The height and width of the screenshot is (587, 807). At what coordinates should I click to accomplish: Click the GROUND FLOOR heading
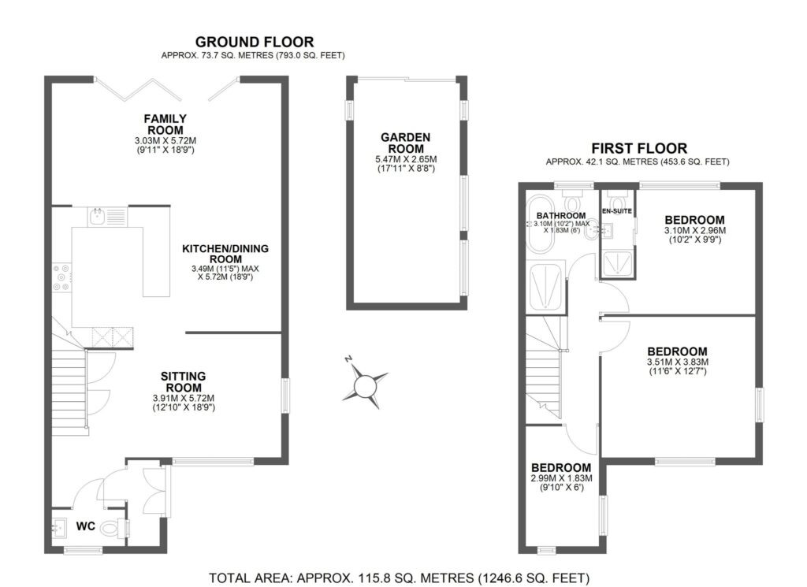(x=255, y=42)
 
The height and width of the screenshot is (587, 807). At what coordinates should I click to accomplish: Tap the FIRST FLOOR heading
(x=638, y=148)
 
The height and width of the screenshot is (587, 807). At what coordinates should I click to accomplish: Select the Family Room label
(x=165, y=124)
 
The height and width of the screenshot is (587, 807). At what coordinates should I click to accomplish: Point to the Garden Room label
(x=406, y=143)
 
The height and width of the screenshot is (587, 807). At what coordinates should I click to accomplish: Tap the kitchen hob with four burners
(x=61, y=278)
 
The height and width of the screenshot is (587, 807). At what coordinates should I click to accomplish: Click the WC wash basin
(x=58, y=527)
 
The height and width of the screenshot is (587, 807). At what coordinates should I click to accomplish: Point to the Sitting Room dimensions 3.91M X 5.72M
(x=183, y=398)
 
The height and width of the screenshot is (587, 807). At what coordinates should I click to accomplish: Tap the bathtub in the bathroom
(x=537, y=224)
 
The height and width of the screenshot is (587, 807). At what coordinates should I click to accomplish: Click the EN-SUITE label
(x=616, y=211)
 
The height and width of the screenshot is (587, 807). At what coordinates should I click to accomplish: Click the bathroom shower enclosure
(x=545, y=286)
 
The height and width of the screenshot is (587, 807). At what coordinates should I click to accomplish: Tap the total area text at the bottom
(x=399, y=578)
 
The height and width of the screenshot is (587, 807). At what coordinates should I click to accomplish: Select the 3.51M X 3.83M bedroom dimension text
(x=677, y=362)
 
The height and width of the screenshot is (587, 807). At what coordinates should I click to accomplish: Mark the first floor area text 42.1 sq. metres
(x=638, y=162)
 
